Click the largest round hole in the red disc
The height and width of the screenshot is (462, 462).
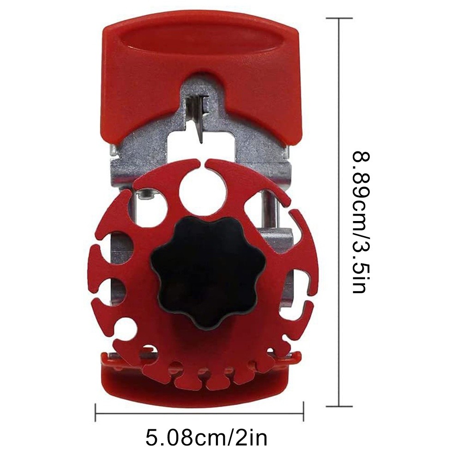tap(203, 192)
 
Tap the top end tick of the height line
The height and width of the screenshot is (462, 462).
tap(339, 18)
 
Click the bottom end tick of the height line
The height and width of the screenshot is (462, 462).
tap(339, 406)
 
